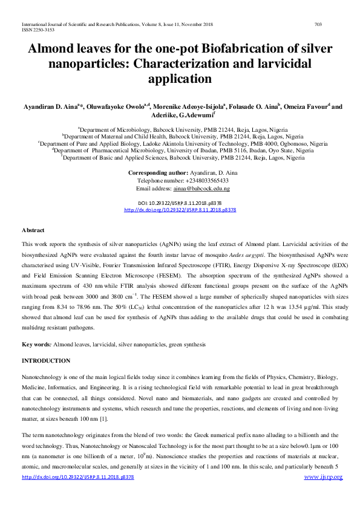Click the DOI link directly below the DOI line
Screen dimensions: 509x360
pos(180,210)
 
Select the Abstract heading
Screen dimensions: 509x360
pos(33,230)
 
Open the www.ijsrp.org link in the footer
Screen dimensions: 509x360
pos(323,477)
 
